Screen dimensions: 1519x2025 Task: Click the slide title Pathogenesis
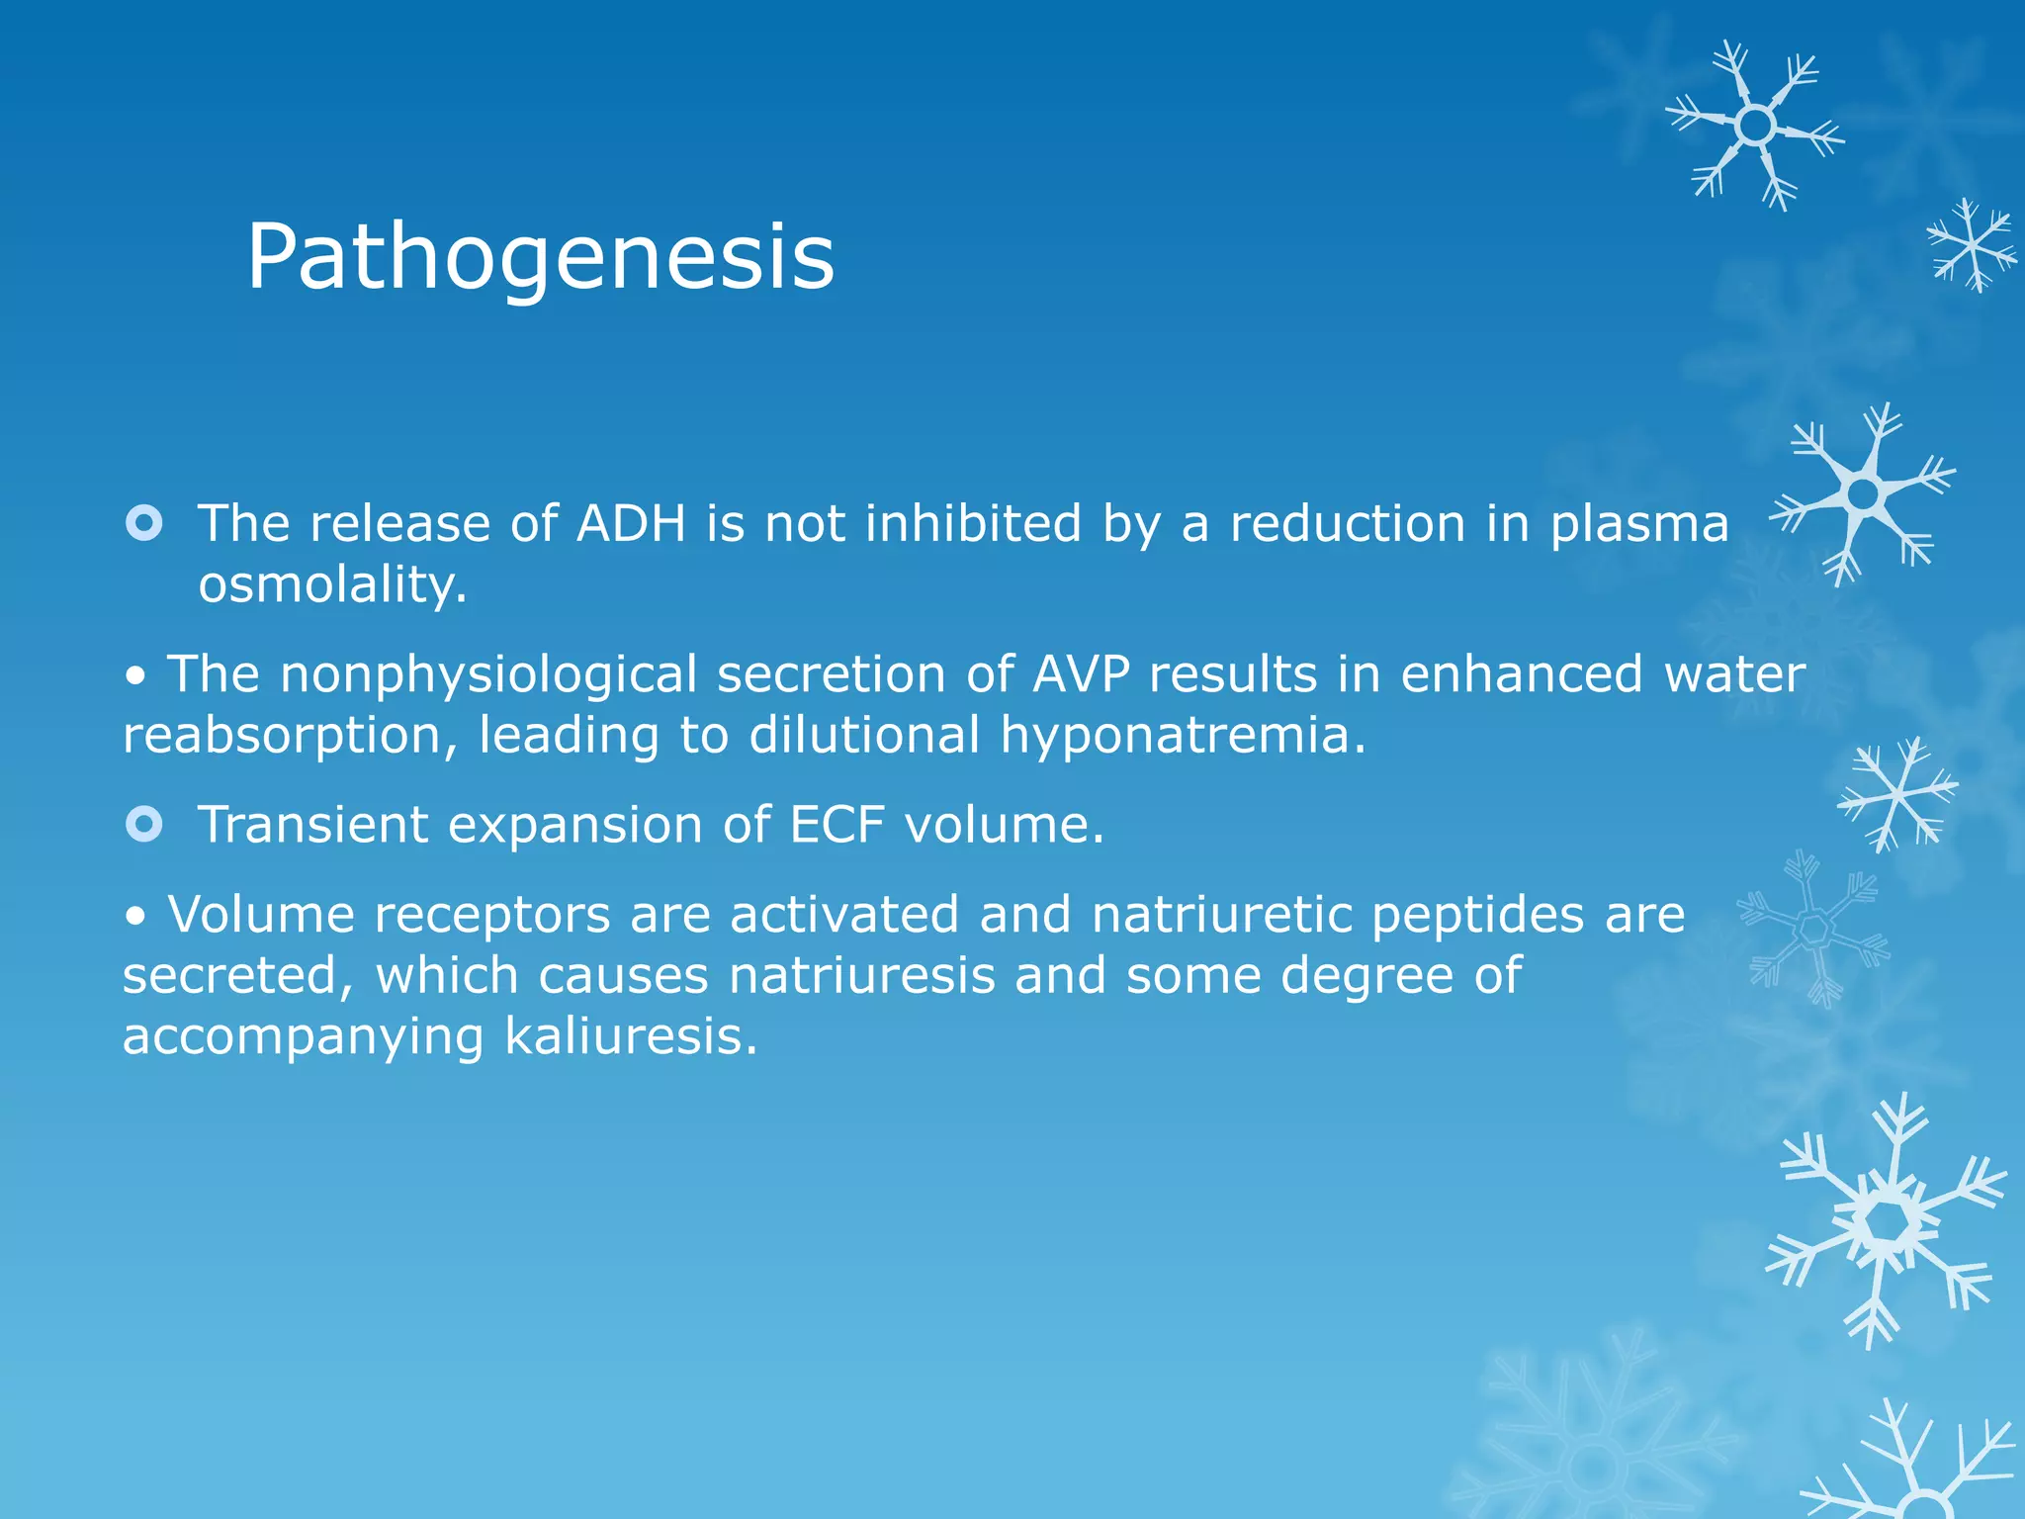(x=540, y=257)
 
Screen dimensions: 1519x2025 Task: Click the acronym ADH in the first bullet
(x=631, y=523)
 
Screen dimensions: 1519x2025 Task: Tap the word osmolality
(x=332, y=584)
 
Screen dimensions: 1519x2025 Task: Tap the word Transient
(x=313, y=825)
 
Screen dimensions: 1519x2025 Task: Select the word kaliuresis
(x=631, y=1037)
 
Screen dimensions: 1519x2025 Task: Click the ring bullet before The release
(x=144, y=523)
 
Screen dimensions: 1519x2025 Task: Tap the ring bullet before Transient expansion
(x=144, y=824)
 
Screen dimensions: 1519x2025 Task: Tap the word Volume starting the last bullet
(x=261, y=915)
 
